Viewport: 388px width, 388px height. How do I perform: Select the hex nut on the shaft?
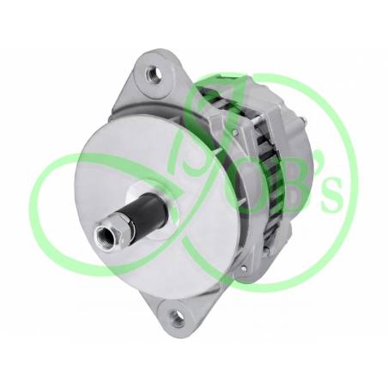tap(123, 223)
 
